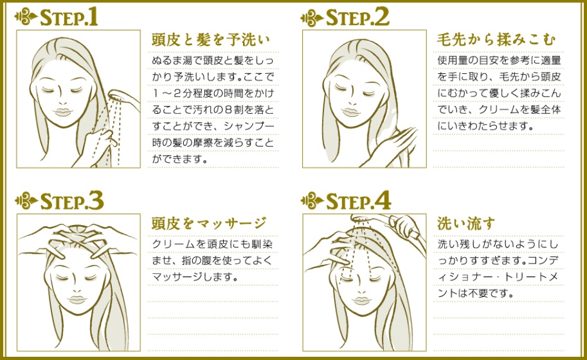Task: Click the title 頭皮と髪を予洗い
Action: pos(210,40)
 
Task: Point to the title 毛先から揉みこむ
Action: pos(496,40)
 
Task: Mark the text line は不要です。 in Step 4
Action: pos(475,294)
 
